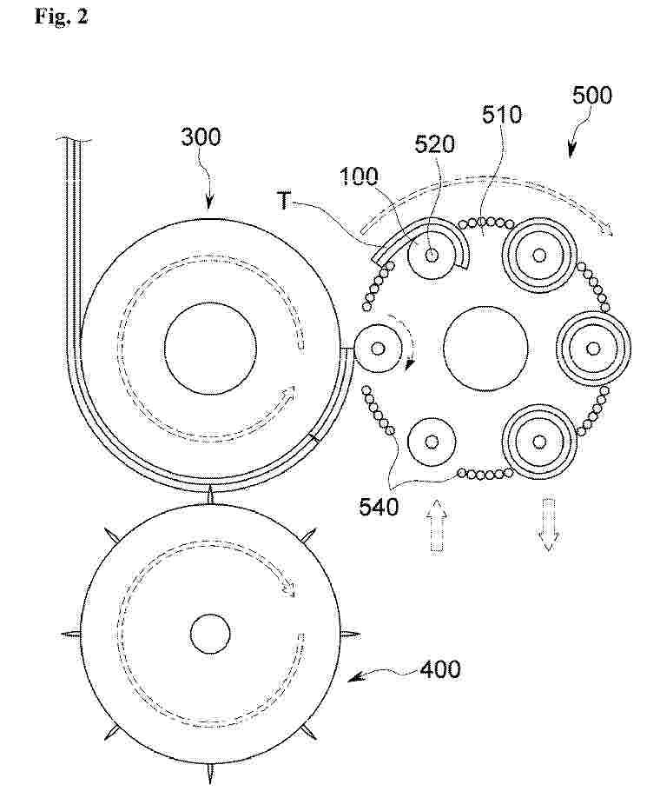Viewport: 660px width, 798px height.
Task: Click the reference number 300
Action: [x=201, y=137]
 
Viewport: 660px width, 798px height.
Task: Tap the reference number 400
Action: [x=440, y=669]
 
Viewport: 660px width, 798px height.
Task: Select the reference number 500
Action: [x=592, y=96]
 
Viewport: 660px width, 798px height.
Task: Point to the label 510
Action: [x=502, y=115]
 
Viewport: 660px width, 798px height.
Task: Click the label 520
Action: [x=435, y=144]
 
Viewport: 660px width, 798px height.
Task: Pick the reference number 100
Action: [x=359, y=176]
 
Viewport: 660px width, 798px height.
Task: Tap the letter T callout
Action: [x=285, y=202]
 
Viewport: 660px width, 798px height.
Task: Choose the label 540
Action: [x=379, y=507]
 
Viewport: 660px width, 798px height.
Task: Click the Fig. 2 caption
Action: [x=61, y=16]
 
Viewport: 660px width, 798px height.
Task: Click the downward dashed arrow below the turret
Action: [x=549, y=525]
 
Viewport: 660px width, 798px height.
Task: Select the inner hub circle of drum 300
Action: [x=210, y=348]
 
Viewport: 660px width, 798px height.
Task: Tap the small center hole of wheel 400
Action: [x=210, y=634]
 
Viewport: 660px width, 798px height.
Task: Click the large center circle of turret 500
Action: [x=485, y=349]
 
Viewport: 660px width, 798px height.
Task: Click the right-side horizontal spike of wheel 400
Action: [x=350, y=634]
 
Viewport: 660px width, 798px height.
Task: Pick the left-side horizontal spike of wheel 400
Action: [x=70, y=634]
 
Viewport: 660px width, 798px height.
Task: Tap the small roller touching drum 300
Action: [x=378, y=349]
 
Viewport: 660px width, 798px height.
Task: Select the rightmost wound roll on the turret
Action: [x=593, y=349]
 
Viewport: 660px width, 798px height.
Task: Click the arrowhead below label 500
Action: [x=571, y=151]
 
